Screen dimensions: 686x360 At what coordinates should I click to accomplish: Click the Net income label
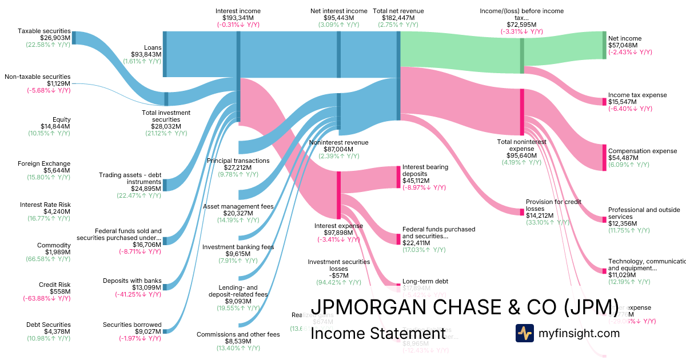[x=625, y=38]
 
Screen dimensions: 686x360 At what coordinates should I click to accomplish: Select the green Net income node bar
[x=604, y=45]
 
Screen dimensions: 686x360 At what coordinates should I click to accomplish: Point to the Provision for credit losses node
[x=522, y=212]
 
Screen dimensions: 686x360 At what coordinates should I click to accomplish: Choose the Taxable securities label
[x=44, y=31]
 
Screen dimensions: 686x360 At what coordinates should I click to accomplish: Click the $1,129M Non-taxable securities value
[x=59, y=83]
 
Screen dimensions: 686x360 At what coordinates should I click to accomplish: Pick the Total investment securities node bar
[x=166, y=99]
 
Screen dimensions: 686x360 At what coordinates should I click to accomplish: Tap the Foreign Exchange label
[x=44, y=163]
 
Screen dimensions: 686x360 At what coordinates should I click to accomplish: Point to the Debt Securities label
[x=48, y=325]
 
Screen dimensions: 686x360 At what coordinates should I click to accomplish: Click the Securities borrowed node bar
[x=165, y=331]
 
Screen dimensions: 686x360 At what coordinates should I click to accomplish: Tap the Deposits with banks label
[x=132, y=281]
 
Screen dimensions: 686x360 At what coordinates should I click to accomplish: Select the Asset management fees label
[x=238, y=206]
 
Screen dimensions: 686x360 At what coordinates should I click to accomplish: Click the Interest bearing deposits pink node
[x=398, y=177]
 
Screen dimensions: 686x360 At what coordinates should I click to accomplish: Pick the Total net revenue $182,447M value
[x=398, y=18]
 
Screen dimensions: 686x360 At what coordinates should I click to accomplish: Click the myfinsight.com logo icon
[x=524, y=333]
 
